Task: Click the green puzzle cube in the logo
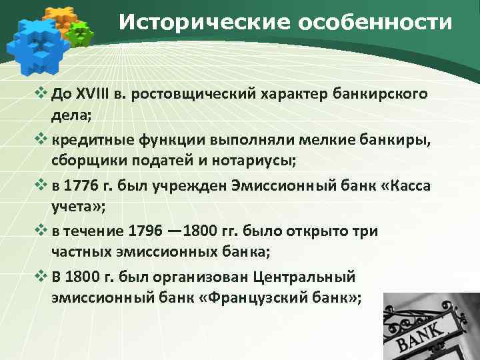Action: (x=79, y=33)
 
